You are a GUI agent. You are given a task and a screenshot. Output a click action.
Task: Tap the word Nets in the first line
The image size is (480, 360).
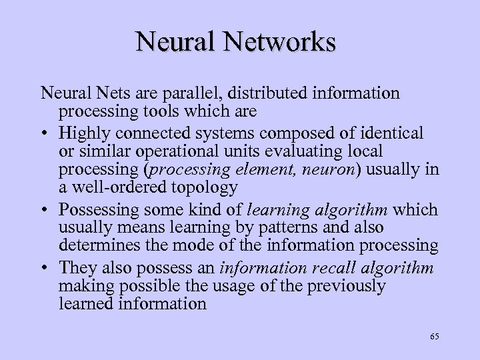point(105,94)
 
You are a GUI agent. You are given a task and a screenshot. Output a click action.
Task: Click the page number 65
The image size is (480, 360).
point(434,337)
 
